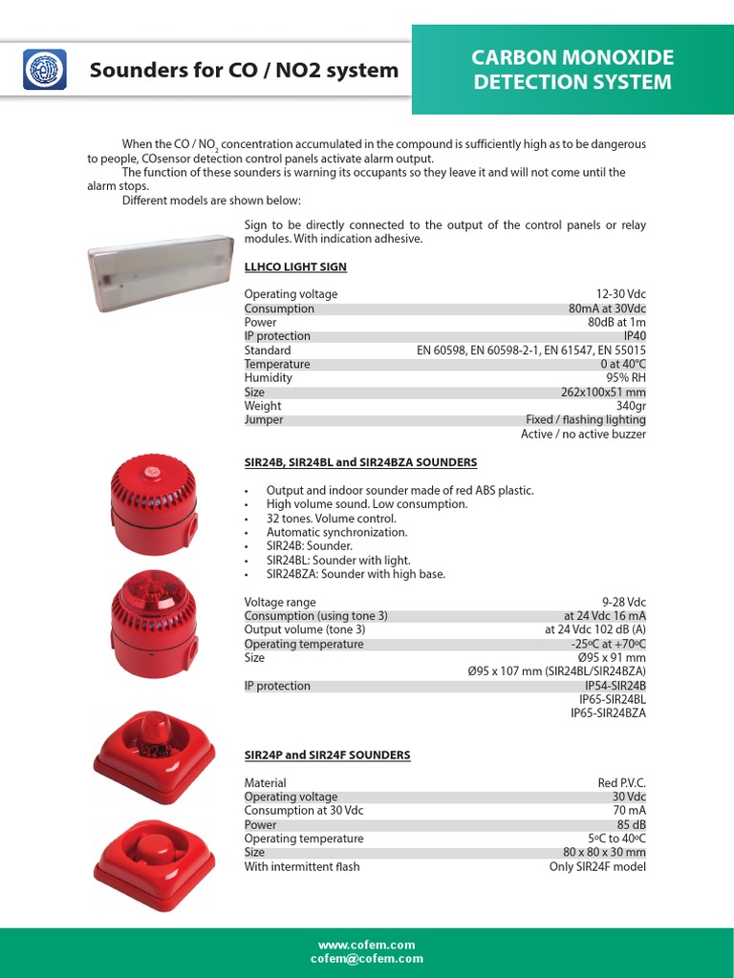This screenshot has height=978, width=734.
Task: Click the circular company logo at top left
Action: click(43, 70)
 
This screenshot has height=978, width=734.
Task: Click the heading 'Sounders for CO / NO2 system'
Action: click(244, 70)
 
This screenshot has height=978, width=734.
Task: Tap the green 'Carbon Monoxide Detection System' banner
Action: click(572, 70)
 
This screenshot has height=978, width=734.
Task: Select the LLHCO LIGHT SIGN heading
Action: click(295, 266)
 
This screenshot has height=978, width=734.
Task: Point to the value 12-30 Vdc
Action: click(620, 294)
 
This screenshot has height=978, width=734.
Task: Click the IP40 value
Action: click(635, 336)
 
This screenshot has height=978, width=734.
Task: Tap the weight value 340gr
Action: click(631, 406)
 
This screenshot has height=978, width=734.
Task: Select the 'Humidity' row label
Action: click(269, 378)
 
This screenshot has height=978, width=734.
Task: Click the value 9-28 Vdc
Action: click(624, 603)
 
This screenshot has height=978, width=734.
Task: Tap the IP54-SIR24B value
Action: click(615, 686)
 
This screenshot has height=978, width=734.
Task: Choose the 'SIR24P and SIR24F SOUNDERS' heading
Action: click(327, 755)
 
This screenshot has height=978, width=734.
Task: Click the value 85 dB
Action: click(631, 825)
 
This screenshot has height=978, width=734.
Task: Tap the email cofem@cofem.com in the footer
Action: click(367, 959)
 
